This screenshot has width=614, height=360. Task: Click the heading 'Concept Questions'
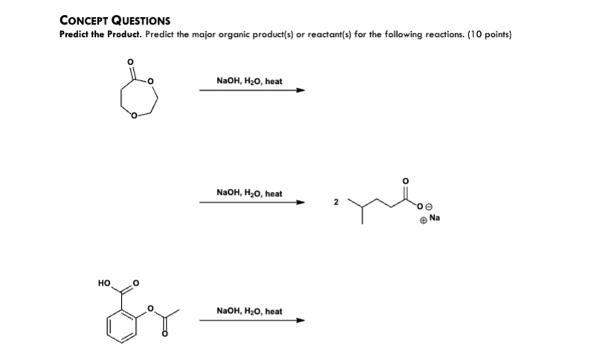pyautogui.click(x=114, y=20)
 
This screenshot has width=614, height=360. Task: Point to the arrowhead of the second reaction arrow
pyautogui.click(x=301, y=202)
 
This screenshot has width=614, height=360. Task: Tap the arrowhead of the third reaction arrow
pyautogui.click(x=301, y=321)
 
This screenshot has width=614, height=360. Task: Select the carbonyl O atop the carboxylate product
pyautogui.click(x=405, y=181)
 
